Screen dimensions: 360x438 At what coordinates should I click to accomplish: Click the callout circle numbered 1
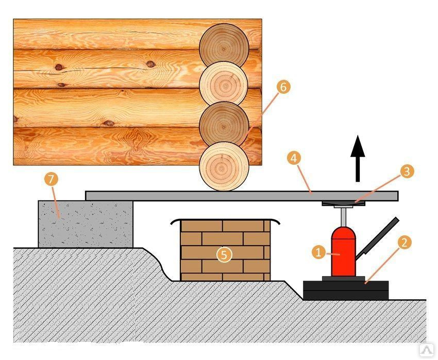318,252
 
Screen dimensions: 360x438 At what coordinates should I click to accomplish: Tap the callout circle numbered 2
405,243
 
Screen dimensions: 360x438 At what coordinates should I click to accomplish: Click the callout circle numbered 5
224,254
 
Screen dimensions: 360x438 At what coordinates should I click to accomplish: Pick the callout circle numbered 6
283,87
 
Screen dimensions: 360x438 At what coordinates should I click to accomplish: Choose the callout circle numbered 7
52,180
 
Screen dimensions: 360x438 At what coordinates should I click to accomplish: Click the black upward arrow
358,160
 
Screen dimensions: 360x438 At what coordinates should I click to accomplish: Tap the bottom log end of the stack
224,166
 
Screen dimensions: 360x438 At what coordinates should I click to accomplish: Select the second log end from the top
224,84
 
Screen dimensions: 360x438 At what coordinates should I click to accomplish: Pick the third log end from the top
224,125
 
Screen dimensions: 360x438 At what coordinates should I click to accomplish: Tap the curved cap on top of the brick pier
225,220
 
